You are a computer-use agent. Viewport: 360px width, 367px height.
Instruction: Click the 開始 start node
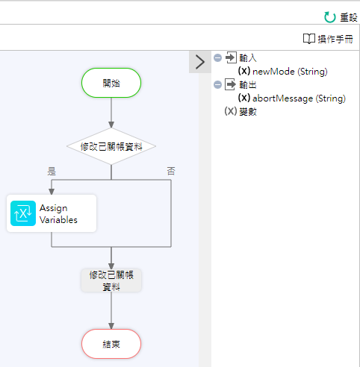tap(111, 83)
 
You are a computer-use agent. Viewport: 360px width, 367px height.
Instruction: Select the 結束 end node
tap(111, 344)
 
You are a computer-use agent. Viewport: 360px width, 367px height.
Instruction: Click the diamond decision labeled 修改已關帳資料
tap(111, 146)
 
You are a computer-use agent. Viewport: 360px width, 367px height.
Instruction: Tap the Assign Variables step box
tap(52, 213)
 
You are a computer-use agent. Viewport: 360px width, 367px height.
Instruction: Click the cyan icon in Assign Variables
tap(23, 213)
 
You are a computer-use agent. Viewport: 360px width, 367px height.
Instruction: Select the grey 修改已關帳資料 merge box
tap(111, 280)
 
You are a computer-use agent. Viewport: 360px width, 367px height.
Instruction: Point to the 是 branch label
tap(52, 171)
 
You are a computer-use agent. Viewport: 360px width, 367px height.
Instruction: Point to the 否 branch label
tap(171, 171)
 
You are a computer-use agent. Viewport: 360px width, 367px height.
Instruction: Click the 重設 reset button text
tap(349, 18)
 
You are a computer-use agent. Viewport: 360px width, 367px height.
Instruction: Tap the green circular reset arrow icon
tap(330, 17)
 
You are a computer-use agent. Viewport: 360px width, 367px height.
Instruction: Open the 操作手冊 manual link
tap(335, 39)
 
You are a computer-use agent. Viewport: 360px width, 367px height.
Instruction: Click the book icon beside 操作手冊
tap(309, 39)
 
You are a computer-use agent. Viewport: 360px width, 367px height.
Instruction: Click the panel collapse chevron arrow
tap(200, 62)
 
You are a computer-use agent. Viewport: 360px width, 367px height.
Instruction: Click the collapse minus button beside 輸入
tap(217, 58)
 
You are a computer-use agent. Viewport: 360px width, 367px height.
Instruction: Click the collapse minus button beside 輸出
tap(217, 85)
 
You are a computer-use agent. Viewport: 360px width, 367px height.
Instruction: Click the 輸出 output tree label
tap(248, 85)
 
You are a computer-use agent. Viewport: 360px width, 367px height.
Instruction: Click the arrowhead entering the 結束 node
tap(111, 326)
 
